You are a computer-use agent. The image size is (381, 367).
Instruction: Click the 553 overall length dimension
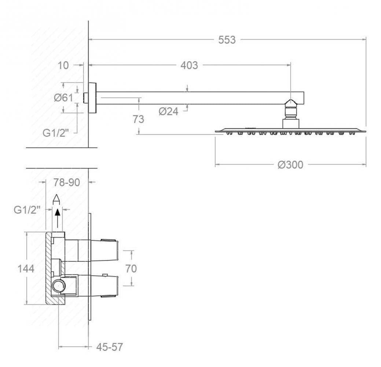(x=227, y=40)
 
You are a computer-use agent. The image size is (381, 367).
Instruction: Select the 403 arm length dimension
(x=189, y=65)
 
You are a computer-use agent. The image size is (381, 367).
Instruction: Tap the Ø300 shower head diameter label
(x=290, y=165)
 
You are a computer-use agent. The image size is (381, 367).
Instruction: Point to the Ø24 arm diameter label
(x=168, y=112)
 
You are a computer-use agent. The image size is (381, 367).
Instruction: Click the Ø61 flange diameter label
(x=63, y=98)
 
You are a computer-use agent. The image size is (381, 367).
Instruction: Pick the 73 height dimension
(x=138, y=119)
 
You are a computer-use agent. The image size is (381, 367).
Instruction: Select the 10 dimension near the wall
(x=63, y=65)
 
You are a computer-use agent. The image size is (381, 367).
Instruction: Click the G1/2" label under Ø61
(x=56, y=133)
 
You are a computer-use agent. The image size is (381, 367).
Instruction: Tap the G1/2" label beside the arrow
(x=27, y=210)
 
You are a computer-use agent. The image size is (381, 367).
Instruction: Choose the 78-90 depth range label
(x=67, y=182)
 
